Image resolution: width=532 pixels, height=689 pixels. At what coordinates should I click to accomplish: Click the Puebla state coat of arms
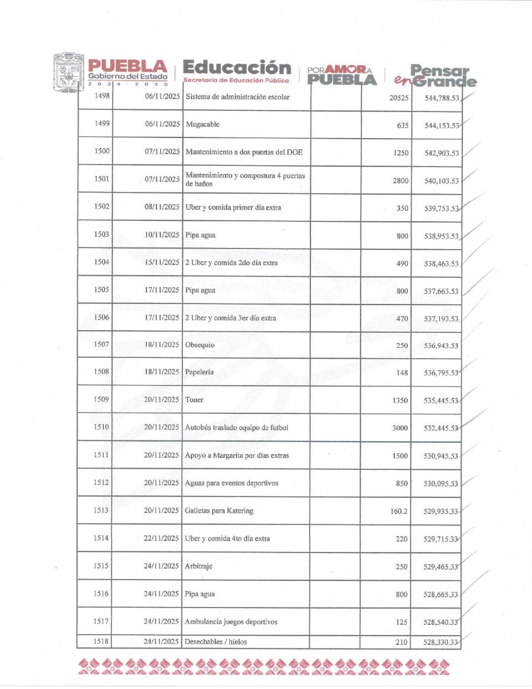(69, 73)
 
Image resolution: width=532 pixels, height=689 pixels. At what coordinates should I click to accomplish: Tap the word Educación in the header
(237, 68)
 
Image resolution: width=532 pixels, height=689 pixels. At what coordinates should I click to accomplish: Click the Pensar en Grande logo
(436, 76)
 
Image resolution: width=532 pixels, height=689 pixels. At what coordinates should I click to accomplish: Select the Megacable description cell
(203, 124)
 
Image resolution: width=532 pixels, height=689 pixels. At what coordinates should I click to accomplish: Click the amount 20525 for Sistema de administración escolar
(398, 98)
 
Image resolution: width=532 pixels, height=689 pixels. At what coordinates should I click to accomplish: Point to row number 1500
(102, 151)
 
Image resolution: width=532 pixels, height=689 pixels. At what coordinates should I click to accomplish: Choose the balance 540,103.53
(442, 181)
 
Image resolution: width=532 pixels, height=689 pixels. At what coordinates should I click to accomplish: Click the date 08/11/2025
(162, 207)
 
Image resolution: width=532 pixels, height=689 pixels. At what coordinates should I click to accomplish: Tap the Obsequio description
(199, 345)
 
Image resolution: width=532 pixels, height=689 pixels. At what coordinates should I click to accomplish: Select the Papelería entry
(199, 372)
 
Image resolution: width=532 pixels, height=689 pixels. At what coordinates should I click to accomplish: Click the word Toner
(194, 400)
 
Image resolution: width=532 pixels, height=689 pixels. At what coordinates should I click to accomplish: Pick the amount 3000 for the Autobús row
(400, 428)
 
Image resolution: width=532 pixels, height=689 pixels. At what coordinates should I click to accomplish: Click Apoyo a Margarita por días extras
(237, 455)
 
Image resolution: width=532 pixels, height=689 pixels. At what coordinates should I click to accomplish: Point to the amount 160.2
(398, 511)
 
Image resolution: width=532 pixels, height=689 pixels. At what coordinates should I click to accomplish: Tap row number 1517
(101, 621)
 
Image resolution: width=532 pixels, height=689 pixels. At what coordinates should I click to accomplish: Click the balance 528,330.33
(441, 642)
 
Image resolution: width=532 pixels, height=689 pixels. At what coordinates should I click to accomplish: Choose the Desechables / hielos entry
(216, 642)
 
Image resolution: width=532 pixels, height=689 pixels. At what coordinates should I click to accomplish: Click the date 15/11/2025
(162, 262)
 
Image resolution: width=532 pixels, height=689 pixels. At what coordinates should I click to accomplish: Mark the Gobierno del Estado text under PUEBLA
(127, 77)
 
